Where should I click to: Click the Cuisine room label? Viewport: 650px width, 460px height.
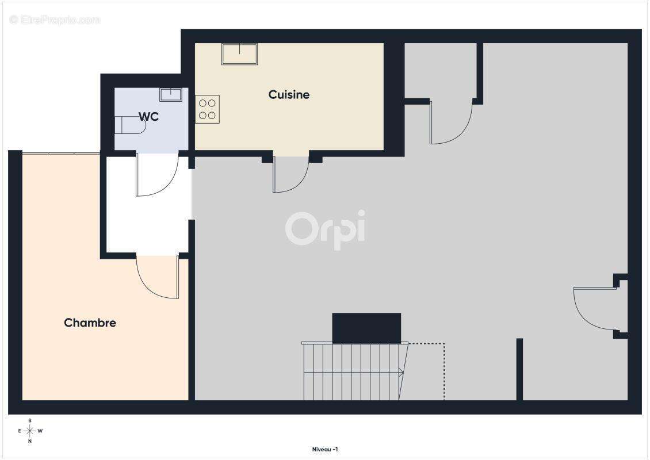(x=289, y=94)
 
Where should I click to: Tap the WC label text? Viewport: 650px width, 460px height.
(x=148, y=117)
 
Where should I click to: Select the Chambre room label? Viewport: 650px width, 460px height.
(x=90, y=323)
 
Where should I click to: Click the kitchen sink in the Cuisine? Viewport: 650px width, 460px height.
(x=240, y=54)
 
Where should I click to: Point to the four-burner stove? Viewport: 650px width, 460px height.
(x=207, y=109)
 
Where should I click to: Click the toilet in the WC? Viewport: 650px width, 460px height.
(x=130, y=125)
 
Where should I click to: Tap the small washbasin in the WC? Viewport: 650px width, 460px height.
(x=170, y=94)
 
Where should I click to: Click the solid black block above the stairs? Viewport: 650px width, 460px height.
(x=366, y=328)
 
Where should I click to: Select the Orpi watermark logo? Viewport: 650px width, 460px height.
(x=326, y=229)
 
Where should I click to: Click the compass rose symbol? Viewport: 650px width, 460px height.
(x=30, y=431)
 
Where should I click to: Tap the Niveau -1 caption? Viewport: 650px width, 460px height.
(x=325, y=449)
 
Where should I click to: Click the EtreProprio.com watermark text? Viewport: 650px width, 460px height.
(x=55, y=20)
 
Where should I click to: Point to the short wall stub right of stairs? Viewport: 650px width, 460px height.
(x=519, y=369)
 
